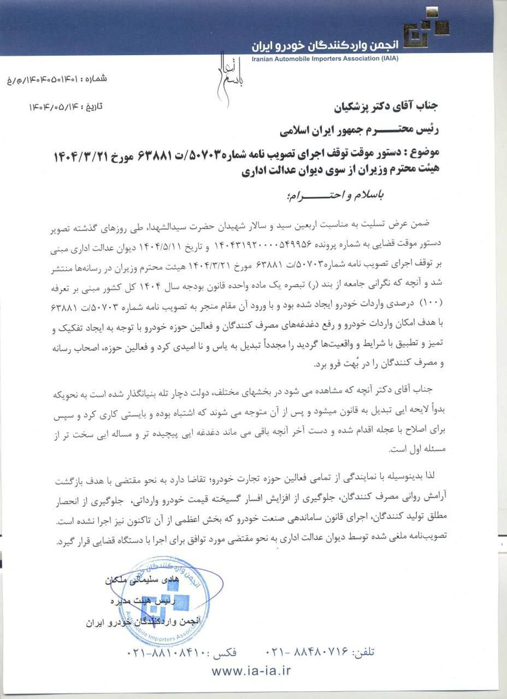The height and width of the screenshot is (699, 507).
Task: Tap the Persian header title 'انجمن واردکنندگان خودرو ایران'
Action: coord(322,45)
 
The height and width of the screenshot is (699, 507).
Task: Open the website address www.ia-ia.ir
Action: coord(252,672)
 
